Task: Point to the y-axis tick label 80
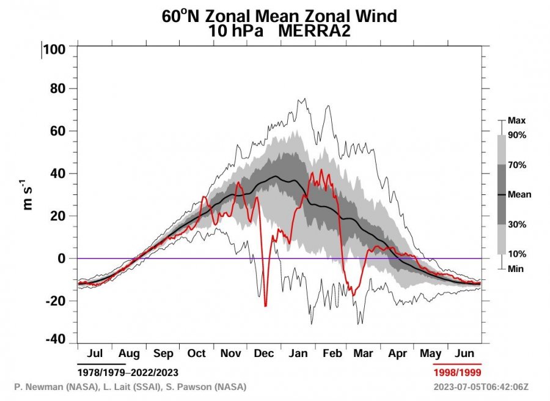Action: coord(59,89)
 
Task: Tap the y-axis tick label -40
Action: coord(56,339)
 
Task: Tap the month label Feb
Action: coord(332,354)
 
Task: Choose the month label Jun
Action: coord(466,354)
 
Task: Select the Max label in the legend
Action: coord(516,120)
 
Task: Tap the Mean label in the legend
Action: coord(519,194)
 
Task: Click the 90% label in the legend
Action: coord(516,135)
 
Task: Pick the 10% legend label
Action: coord(516,254)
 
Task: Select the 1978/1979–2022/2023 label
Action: coord(128,372)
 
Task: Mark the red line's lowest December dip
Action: coord(265,305)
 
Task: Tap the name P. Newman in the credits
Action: coord(37,387)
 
